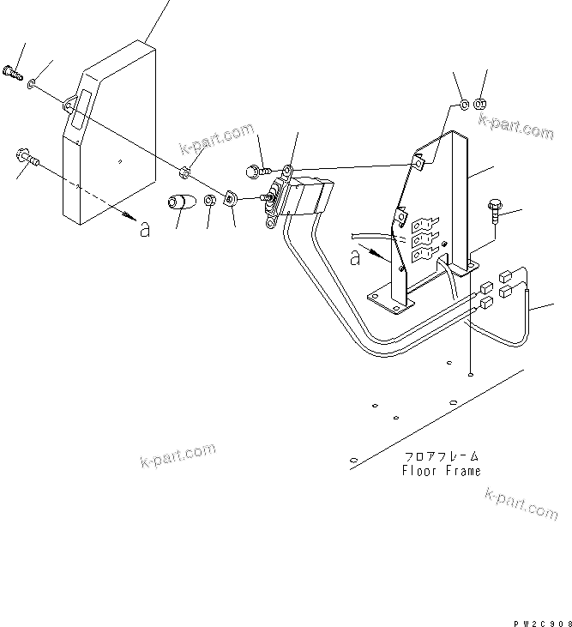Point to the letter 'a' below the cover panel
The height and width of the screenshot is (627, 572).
point(144,229)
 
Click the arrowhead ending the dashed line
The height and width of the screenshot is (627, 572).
point(127,213)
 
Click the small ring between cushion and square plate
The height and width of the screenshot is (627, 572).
point(210,203)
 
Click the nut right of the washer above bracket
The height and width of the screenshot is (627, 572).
point(480,105)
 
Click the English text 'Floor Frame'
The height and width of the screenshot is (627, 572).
point(441,471)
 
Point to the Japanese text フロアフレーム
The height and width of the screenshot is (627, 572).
point(441,457)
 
